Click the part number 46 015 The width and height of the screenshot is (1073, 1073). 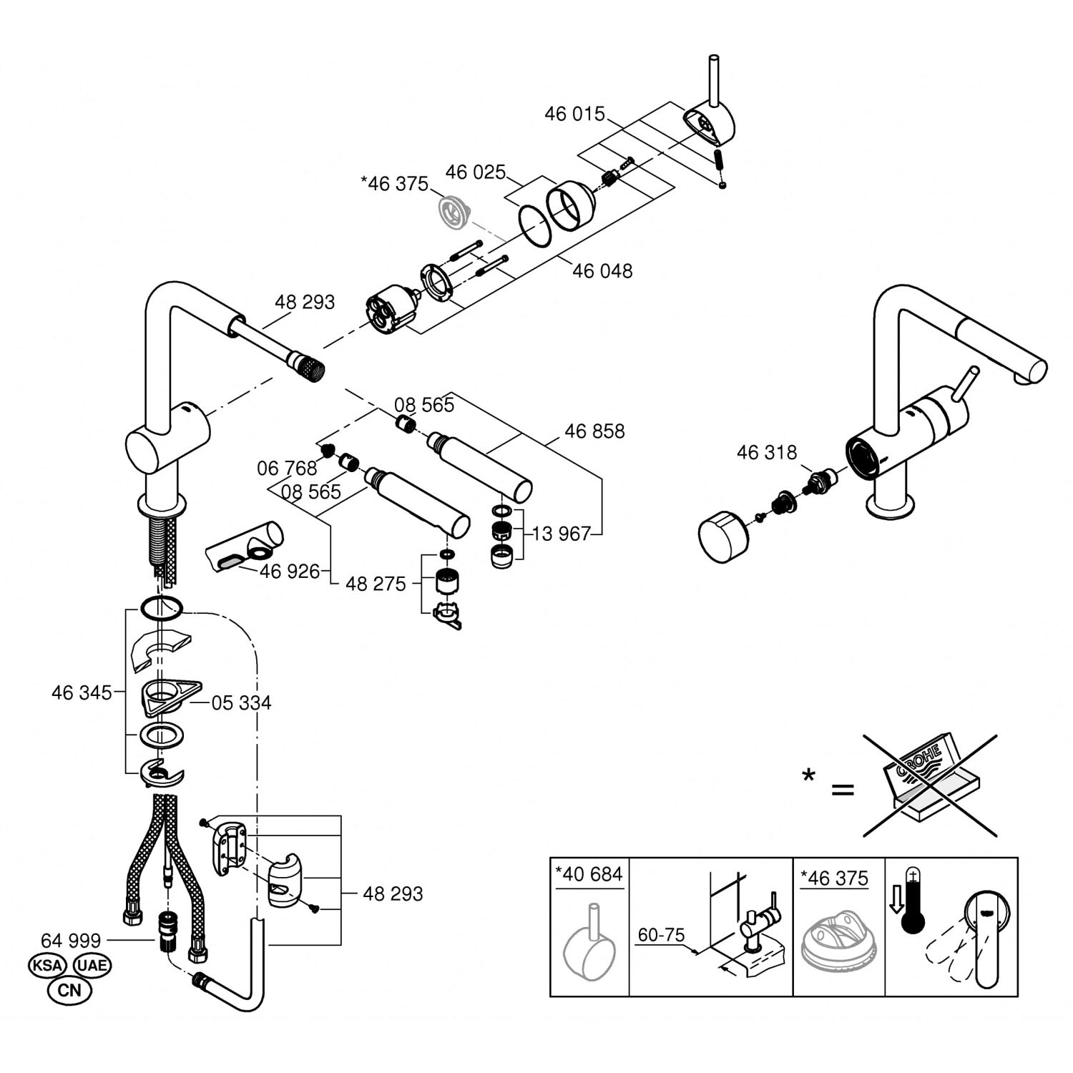[x=574, y=114]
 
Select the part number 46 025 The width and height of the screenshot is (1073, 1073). [x=475, y=172]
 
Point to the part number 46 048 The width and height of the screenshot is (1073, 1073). [x=602, y=271]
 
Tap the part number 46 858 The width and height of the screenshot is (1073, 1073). [x=594, y=431]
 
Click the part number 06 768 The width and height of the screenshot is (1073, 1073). [x=287, y=469]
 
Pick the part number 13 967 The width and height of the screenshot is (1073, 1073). [x=562, y=534]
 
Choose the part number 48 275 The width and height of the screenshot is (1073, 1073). [x=376, y=584]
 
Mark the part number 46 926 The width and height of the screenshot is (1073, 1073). [x=290, y=572]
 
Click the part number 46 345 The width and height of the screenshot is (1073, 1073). [x=82, y=692]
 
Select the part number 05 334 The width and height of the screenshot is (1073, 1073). [x=242, y=703]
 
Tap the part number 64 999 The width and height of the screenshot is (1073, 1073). [x=71, y=940]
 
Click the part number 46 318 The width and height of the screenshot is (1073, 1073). [x=766, y=453]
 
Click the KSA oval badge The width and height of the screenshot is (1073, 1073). [x=47, y=965]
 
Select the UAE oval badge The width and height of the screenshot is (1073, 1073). [x=92, y=965]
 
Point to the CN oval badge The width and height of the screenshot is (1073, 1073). [x=69, y=991]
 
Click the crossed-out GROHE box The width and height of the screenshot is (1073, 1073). [x=930, y=785]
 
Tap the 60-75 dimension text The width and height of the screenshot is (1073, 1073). [x=661, y=935]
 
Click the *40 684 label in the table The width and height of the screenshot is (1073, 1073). [x=589, y=874]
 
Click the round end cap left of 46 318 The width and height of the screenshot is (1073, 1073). [x=722, y=536]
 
